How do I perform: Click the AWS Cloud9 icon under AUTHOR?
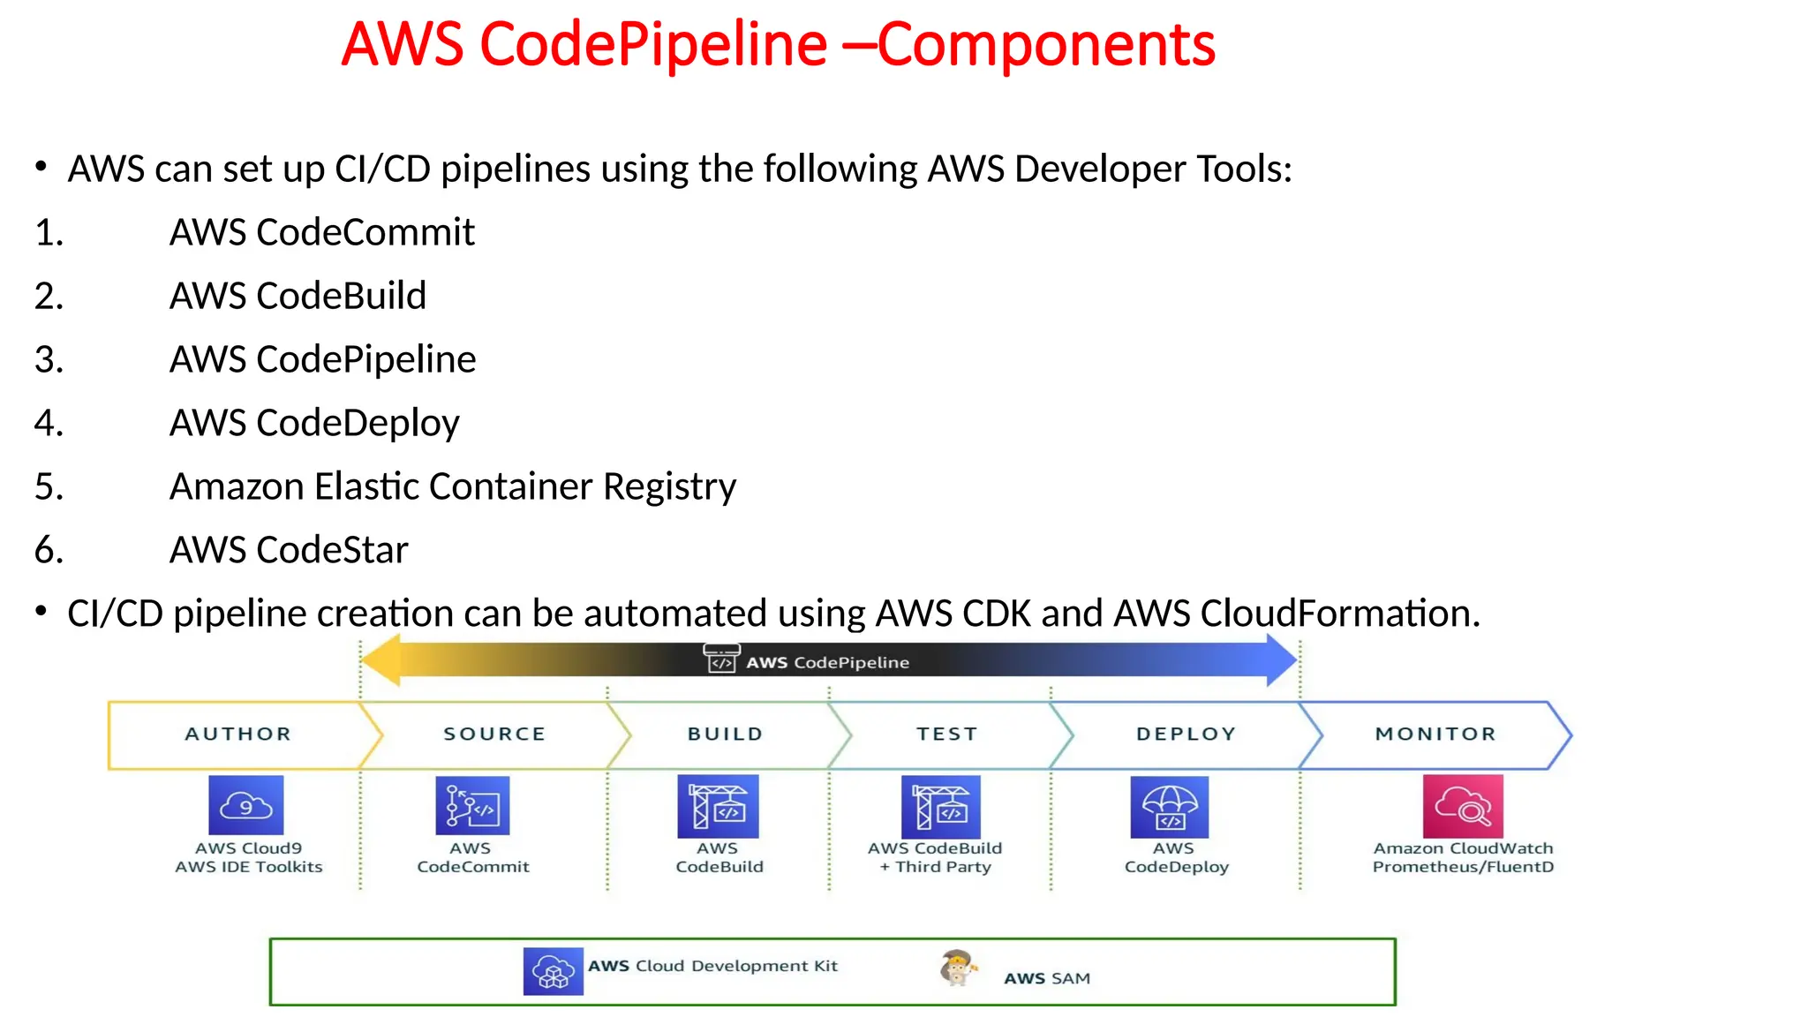[245, 804]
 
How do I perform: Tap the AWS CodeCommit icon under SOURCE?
[472, 805]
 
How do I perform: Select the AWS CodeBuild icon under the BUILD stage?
[718, 806]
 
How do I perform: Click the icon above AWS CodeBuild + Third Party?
[940, 807]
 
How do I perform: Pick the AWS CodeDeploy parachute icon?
[1169, 807]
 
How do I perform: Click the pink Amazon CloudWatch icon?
[1462, 806]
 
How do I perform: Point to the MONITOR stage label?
[1435, 734]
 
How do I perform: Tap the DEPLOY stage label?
[1186, 734]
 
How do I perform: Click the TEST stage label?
[946, 734]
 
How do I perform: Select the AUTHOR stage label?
[237, 734]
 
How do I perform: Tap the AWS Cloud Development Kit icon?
[553, 971]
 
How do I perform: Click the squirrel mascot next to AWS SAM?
[958, 968]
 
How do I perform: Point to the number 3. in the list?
[49, 359]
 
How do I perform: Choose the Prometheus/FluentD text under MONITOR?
[1463, 867]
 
